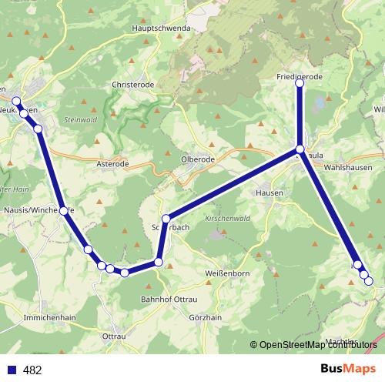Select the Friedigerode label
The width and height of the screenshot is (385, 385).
300,77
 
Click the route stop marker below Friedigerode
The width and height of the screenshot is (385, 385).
300,84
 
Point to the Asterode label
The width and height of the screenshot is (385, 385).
112,164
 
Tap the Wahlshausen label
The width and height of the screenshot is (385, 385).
348,167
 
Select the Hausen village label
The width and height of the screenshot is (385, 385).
270,192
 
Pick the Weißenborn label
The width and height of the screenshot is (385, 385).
205,273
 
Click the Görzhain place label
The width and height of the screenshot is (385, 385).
204,317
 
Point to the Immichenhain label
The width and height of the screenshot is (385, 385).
50,317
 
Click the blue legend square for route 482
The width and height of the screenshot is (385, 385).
12,370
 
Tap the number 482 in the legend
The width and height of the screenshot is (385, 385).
32,370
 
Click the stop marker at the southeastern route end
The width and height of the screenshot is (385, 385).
368,281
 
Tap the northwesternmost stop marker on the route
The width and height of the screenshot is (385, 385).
16,101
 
